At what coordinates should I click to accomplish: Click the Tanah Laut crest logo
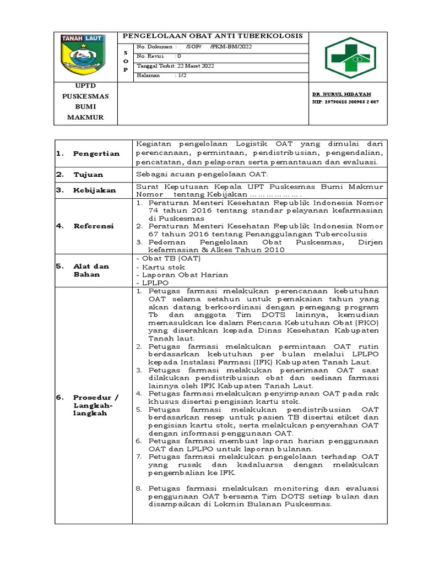88,55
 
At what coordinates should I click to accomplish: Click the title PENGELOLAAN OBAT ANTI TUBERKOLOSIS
212,36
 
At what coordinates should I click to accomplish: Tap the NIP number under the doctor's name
345,102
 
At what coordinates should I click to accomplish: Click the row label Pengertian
96,154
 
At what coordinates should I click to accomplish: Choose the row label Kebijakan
94,190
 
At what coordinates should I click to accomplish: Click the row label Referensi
93,226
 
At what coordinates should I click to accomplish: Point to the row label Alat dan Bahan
91,270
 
